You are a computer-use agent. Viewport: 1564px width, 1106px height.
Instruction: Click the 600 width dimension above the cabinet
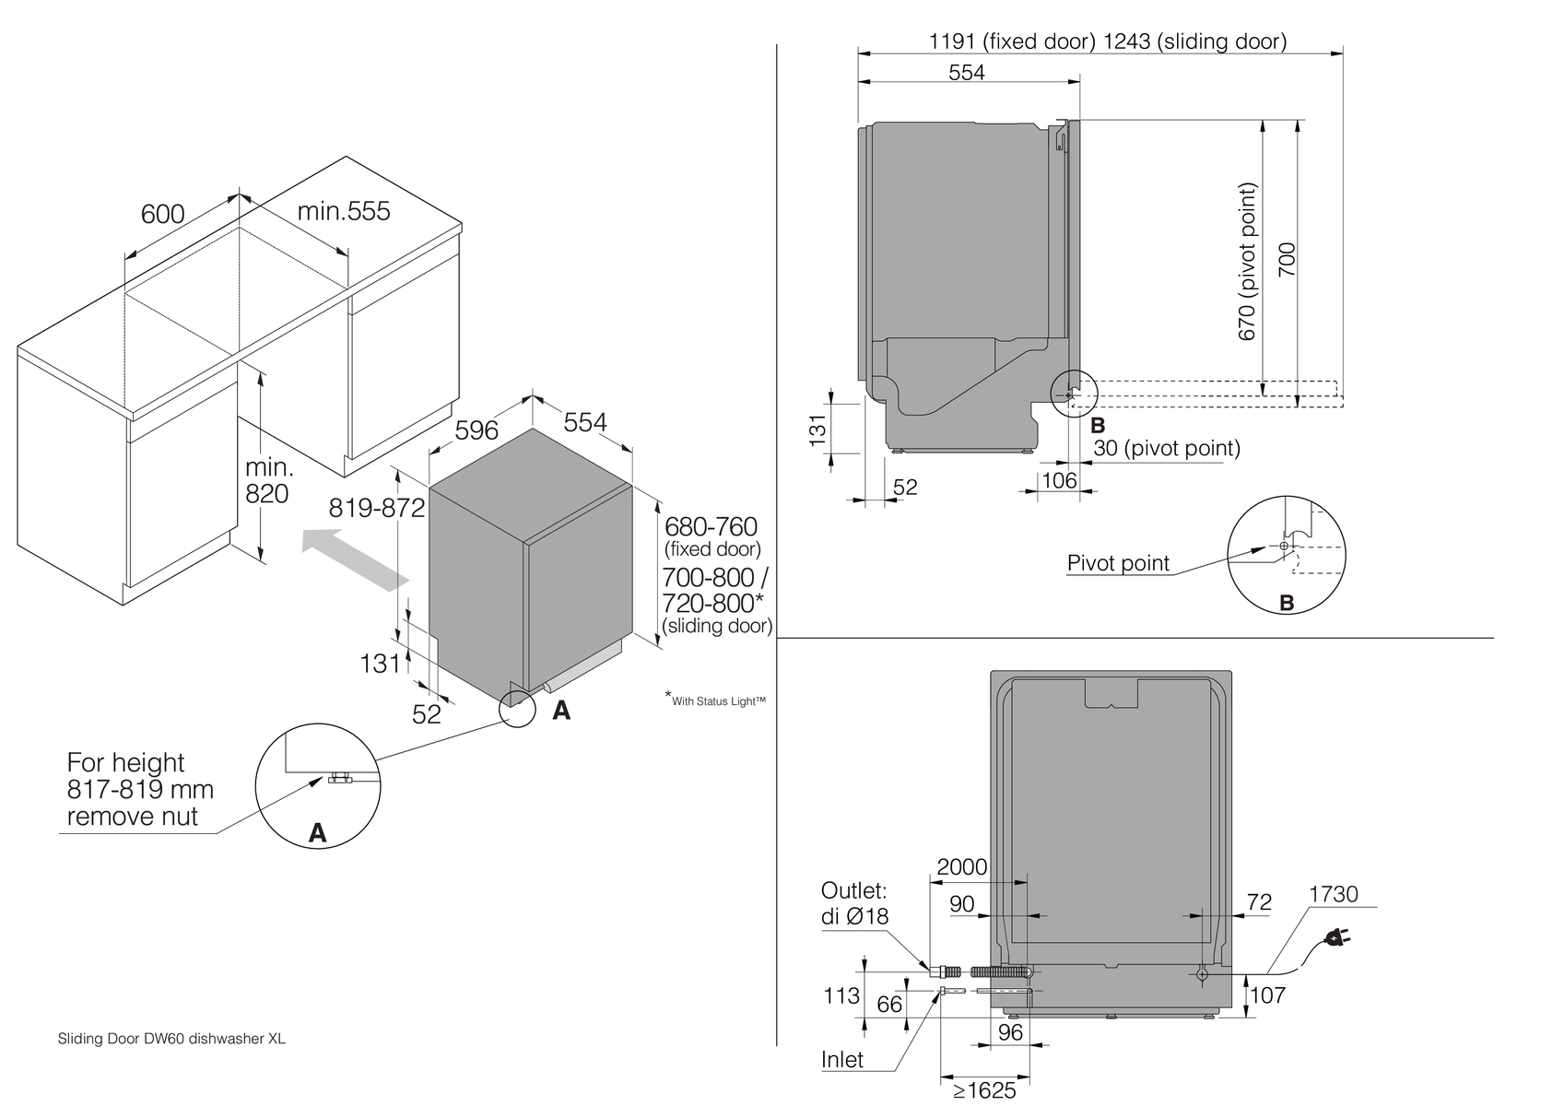click(162, 214)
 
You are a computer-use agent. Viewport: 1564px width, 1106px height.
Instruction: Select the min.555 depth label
click(343, 211)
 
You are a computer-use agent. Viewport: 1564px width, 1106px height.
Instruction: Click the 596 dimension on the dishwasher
click(476, 430)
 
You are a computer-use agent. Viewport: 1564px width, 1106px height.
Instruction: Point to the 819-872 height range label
click(377, 508)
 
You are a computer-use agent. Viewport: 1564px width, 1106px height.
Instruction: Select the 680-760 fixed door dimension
click(711, 527)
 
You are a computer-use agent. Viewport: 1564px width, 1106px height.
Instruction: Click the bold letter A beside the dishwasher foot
click(560, 711)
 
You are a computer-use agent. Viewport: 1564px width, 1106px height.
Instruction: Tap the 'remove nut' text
click(132, 817)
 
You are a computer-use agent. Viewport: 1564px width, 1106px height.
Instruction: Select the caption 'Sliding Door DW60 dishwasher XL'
click(171, 1039)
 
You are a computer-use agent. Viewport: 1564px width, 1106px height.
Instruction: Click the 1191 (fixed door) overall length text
click(1012, 41)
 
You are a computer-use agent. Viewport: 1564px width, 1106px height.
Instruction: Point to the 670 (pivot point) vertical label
click(1247, 262)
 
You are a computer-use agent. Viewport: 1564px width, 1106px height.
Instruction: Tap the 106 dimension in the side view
click(1059, 480)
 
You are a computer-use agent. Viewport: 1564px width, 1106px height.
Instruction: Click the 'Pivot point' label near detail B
click(1118, 563)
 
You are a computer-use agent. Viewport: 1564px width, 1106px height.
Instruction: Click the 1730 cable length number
click(1333, 894)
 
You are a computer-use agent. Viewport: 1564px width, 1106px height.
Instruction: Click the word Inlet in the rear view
click(842, 1060)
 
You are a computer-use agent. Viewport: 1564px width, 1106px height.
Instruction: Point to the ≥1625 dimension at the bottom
click(984, 1090)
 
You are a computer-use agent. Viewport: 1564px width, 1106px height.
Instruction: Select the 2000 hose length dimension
click(961, 867)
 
